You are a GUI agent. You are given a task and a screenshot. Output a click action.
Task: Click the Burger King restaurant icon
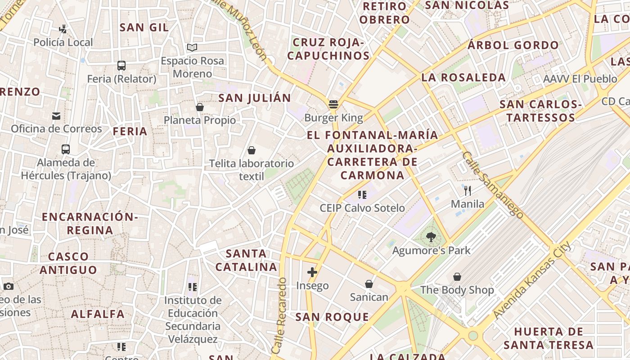pos(333,105)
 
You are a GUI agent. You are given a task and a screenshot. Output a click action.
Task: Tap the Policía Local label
pos(63,42)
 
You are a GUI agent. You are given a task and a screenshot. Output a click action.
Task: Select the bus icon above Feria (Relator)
pos(121,66)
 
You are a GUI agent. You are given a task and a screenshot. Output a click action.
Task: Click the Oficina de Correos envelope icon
pos(56,116)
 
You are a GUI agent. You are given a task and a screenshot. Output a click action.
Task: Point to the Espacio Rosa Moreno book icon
pos(192,47)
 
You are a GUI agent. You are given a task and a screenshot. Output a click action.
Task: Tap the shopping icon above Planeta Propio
pos(200,107)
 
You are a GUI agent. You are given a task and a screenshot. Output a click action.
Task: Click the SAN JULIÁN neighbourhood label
pos(255,98)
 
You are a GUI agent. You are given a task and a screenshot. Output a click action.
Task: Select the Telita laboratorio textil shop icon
pos(252,150)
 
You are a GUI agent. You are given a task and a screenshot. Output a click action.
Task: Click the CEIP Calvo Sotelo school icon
pos(362,195)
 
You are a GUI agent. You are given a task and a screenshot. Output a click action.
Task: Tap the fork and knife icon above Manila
pos(468,191)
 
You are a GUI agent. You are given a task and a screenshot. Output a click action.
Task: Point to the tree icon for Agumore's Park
pos(431,237)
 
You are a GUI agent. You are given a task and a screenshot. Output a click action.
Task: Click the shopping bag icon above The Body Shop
pos(457,277)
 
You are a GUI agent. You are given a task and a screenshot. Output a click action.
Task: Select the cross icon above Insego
pos(312,272)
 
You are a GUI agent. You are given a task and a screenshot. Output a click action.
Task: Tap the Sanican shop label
pos(369,297)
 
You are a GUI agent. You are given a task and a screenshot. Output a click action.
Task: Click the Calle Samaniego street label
pos(493,185)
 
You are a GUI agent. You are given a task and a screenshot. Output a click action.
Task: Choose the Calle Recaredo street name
pos(279,315)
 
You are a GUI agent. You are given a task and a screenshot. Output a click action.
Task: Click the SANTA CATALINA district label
pos(246,260)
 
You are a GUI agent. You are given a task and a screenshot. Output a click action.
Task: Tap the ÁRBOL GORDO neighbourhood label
pos(513,45)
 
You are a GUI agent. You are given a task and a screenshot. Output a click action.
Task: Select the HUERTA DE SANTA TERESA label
pos(549,338)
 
